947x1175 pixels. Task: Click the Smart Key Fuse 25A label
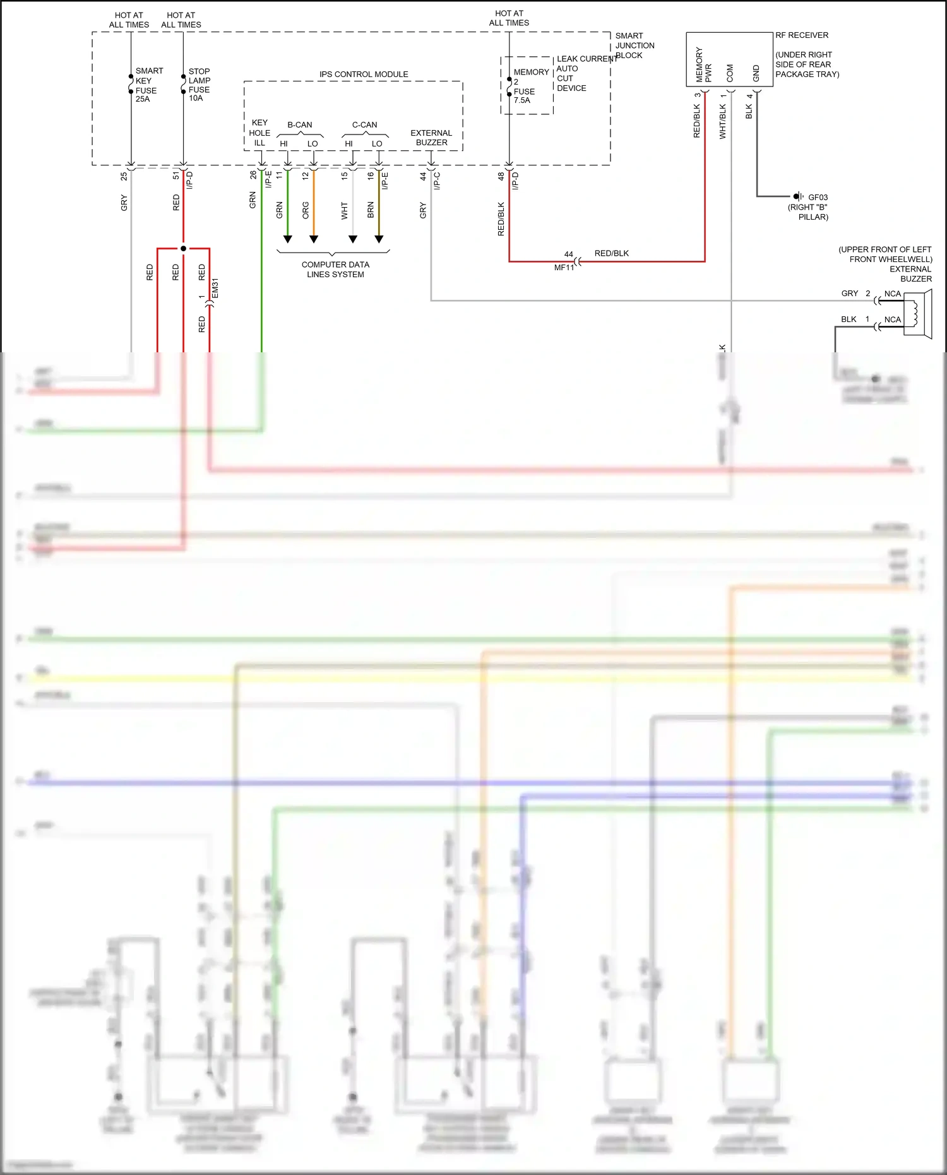tap(148, 85)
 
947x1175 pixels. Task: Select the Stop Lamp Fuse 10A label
tap(199, 85)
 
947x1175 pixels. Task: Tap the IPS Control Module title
tap(364, 75)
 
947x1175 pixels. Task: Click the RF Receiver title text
tap(802, 35)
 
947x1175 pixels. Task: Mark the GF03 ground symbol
tap(799, 196)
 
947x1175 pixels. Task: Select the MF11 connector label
tap(564, 268)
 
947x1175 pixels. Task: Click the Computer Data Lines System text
tap(335, 270)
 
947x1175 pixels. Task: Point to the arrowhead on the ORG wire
tap(314, 239)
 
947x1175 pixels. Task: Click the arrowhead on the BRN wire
tap(379, 239)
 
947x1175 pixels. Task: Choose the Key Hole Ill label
tap(259, 133)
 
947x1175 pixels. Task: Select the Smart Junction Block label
tap(634, 45)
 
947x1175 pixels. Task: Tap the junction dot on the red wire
tap(183, 248)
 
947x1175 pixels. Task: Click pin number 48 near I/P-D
tap(501, 177)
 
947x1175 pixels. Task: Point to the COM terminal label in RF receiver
tap(730, 73)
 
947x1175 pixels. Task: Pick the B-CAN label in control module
tap(300, 125)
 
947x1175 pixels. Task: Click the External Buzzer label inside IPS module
tap(431, 138)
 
